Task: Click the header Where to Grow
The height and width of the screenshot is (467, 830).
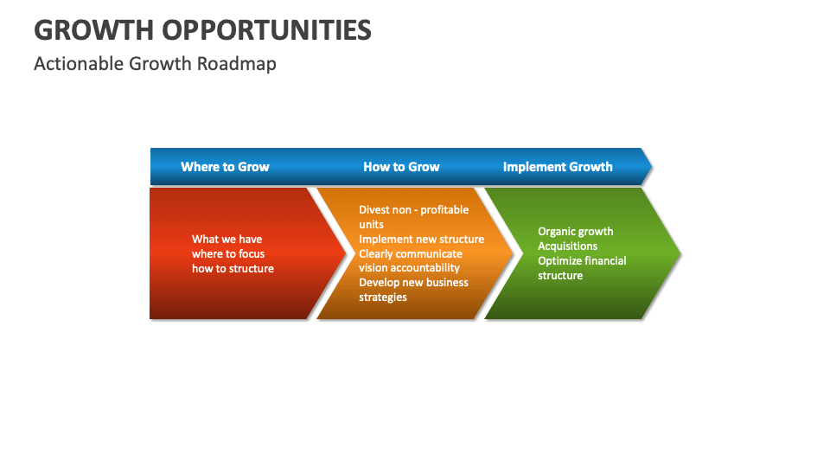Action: (x=225, y=167)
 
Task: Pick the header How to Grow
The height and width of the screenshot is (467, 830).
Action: (x=401, y=167)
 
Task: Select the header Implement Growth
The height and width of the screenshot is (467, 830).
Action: (x=558, y=167)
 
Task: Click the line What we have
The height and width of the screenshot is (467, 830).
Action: (x=227, y=240)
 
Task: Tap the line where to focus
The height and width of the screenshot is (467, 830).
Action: (x=228, y=254)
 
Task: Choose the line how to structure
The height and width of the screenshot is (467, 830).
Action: (x=233, y=269)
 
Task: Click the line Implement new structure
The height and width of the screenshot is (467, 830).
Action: (x=421, y=240)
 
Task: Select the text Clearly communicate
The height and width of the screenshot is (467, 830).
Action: (x=411, y=254)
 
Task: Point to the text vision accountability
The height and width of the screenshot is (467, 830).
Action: (x=409, y=268)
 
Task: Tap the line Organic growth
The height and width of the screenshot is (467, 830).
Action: (x=575, y=232)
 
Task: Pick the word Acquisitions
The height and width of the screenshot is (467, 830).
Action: (x=567, y=246)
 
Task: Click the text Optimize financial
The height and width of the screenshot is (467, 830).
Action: (x=582, y=261)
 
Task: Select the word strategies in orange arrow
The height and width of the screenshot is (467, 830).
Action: (x=383, y=297)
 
